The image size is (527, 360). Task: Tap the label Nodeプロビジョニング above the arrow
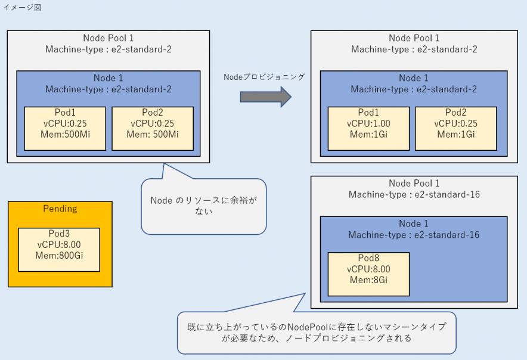click(264, 77)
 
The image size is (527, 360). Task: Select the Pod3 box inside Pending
click(59, 249)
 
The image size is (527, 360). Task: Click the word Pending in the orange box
click(60, 209)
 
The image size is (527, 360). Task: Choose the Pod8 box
click(368, 274)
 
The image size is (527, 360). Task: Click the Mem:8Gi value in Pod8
click(368, 280)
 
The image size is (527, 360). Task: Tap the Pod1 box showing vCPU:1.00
click(368, 128)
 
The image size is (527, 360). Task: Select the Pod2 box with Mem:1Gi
click(455, 128)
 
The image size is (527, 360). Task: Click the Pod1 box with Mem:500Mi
click(65, 128)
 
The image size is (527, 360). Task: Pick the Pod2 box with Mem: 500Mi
click(153, 128)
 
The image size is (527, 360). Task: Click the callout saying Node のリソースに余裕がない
click(203, 206)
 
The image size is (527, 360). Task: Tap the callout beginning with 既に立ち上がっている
click(316, 332)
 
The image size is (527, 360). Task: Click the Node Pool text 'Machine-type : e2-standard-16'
click(414, 194)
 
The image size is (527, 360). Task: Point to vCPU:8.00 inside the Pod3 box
click(59, 244)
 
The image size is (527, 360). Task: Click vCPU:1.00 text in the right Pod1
click(368, 123)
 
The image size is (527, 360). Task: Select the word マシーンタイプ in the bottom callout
click(417, 327)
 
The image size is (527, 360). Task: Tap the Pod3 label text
click(59, 234)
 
